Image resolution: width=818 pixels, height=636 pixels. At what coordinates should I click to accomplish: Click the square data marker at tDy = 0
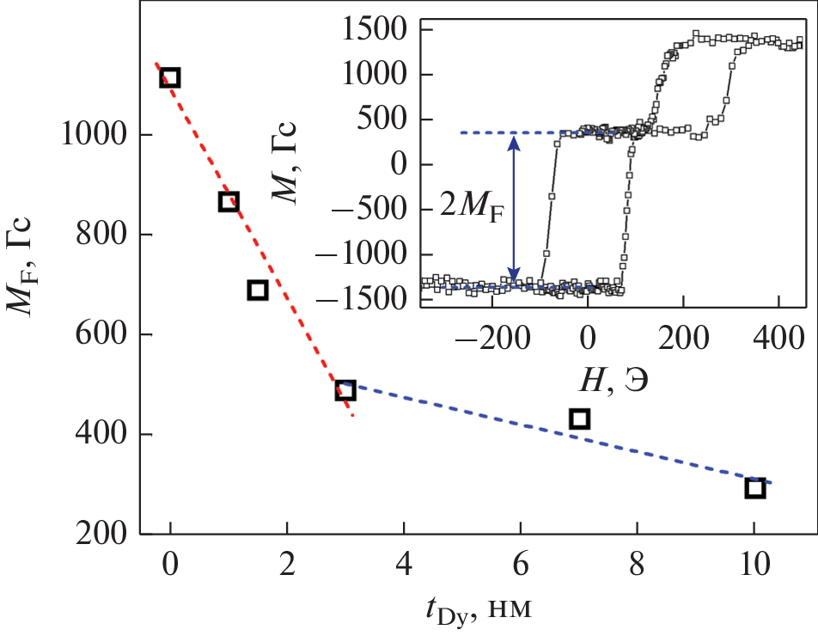[x=170, y=78]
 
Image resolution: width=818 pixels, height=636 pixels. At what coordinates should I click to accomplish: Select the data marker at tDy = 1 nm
[x=229, y=202]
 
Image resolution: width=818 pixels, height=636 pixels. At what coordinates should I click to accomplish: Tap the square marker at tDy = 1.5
[x=258, y=290]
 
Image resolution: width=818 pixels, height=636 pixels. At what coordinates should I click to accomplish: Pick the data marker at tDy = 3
[x=345, y=390]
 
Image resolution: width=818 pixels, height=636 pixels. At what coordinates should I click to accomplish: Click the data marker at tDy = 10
[x=754, y=488]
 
